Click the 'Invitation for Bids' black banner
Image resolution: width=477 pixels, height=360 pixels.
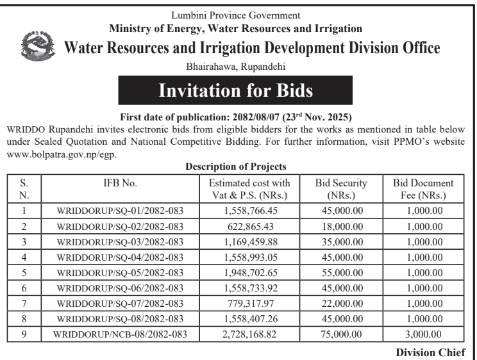(x=239, y=92)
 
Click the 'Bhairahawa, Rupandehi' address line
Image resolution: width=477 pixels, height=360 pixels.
(x=238, y=66)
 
